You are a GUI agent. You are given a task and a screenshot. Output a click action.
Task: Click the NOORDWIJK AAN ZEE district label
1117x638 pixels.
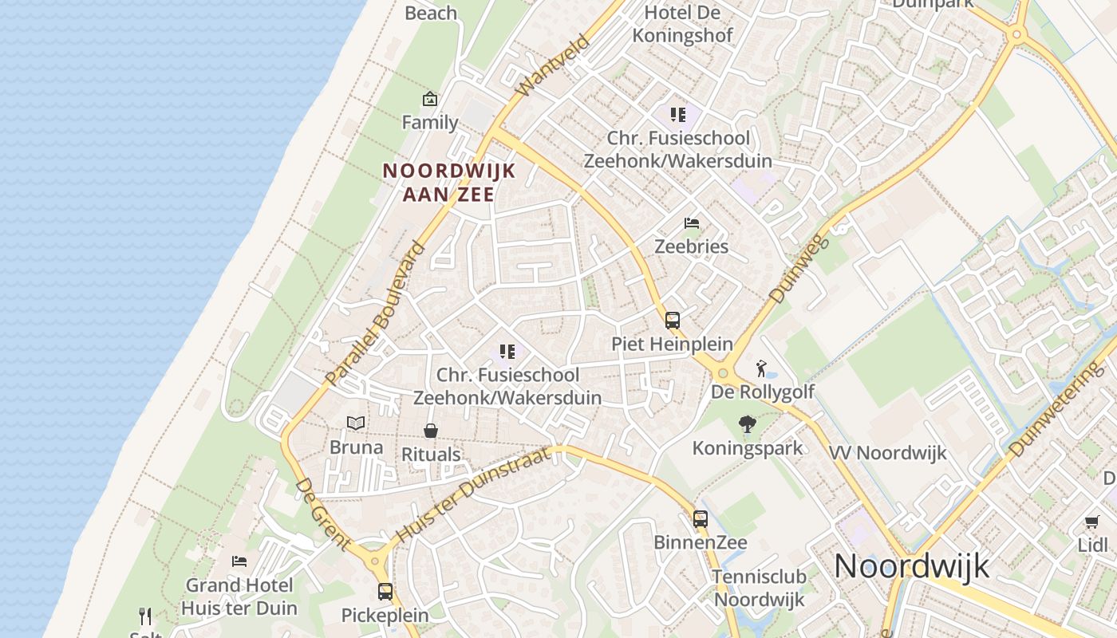click(448, 182)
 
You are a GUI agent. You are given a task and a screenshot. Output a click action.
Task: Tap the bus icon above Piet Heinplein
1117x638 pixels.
click(673, 321)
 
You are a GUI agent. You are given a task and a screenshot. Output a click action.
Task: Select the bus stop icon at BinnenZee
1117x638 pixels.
click(701, 519)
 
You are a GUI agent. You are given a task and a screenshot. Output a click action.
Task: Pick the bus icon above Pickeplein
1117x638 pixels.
click(385, 592)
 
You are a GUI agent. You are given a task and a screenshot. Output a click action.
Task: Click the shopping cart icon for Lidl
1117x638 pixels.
click(1091, 522)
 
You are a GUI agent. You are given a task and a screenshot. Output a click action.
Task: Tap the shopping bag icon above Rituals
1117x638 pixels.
click(431, 431)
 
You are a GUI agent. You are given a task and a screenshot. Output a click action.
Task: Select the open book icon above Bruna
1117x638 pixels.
click(356, 423)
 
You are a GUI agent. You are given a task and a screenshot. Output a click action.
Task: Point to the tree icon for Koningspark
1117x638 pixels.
click(748, 424)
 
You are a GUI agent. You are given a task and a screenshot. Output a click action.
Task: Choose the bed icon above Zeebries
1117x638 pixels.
click(692, 223)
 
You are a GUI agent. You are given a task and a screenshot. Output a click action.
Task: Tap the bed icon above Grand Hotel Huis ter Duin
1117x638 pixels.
click(239, 561)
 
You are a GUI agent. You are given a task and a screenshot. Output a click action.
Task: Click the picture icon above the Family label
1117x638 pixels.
click(430, 99)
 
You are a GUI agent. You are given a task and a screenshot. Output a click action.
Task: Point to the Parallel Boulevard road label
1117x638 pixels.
click(377, 313)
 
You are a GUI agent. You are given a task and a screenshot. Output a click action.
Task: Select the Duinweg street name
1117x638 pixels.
click(800, 262)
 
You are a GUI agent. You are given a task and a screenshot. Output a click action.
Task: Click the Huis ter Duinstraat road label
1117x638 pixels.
click(473, 494)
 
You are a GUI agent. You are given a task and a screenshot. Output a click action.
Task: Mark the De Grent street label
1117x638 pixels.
click(322, 514)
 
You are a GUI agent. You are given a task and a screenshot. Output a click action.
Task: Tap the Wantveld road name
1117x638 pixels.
click(552, 65)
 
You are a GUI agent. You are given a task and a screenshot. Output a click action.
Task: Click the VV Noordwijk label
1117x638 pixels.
click(887, 453)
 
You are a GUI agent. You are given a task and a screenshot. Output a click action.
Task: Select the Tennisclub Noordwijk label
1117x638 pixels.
click(760, 588)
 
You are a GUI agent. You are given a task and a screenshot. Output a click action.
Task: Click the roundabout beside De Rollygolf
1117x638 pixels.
click(724, 372)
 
